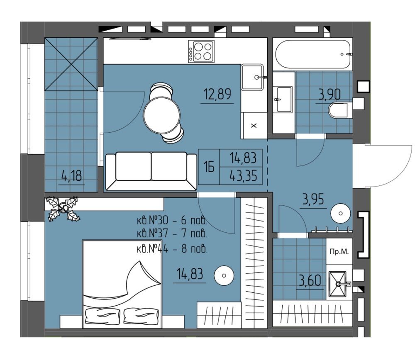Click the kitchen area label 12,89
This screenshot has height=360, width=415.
click(x=217, y=94)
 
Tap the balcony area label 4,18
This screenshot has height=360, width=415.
click(x=71, y=175)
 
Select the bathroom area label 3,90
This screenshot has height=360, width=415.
click(x=330, y=95)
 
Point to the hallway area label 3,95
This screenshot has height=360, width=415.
click(x=313, y=199)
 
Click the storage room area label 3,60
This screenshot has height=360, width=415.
click(x=310, y=281)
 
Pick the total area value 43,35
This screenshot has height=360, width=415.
click(x=243, y=175)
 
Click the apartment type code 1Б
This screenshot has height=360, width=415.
click(x=209, y=167)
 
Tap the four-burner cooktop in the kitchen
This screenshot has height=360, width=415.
click(x=201, y=51)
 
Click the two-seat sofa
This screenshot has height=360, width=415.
click(x=151, y=171)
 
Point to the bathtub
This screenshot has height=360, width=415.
click(x=313, y=54)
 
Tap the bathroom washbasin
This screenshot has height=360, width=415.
click(x=284, y=100)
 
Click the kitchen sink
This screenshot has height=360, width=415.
click(x=252, y=77)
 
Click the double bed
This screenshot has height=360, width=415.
click(x=122, y=285)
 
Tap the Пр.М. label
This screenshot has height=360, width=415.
click(x=339, y=252)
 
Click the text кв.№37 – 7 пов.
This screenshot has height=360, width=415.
click(x=172, y=234)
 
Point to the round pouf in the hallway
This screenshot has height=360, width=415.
click(x=341, y=213)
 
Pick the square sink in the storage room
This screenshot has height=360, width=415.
click(x=337, y=284)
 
